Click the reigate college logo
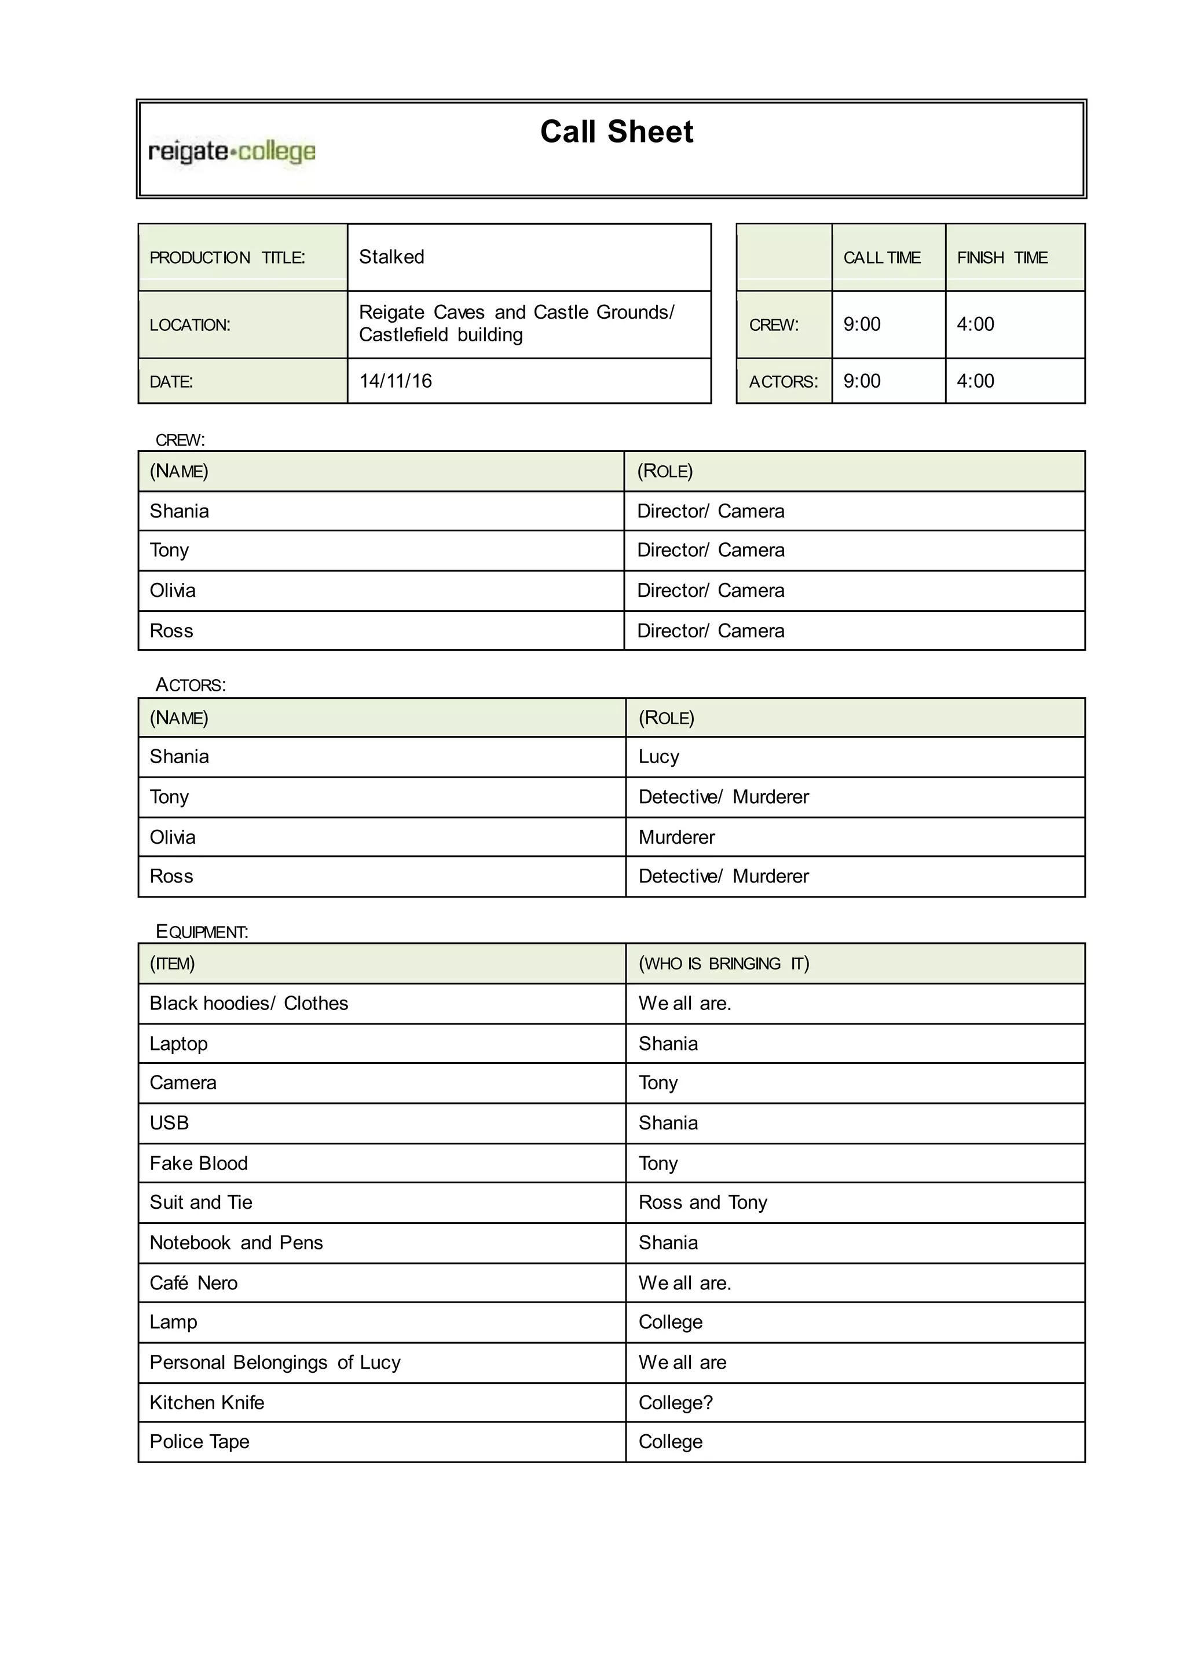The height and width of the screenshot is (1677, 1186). pos(232,152)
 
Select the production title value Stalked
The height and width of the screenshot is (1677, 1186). pos(391,257)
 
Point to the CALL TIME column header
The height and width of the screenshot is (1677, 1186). pos(881,258)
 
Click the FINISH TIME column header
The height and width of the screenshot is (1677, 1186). pos(1002,258)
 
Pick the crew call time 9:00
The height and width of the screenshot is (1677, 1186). pos(862,325)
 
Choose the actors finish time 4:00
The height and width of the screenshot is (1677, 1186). pos(975,381)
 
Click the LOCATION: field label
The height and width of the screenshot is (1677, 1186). pos(190,325)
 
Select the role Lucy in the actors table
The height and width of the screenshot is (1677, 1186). pos(658,757)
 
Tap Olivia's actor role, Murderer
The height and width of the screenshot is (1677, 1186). pos(676,837)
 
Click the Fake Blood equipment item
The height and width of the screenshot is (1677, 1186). pos(199,1164)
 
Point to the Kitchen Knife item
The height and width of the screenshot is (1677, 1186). pos(207,1402)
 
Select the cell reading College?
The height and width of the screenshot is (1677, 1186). pos(676,1402)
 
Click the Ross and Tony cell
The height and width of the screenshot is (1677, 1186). pos(702,1203)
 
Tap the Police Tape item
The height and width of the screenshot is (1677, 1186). pos(199,1442)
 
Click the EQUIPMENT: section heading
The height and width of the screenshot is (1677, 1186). pos(202,932)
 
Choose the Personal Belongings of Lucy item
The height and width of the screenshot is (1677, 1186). pos(274,1363)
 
